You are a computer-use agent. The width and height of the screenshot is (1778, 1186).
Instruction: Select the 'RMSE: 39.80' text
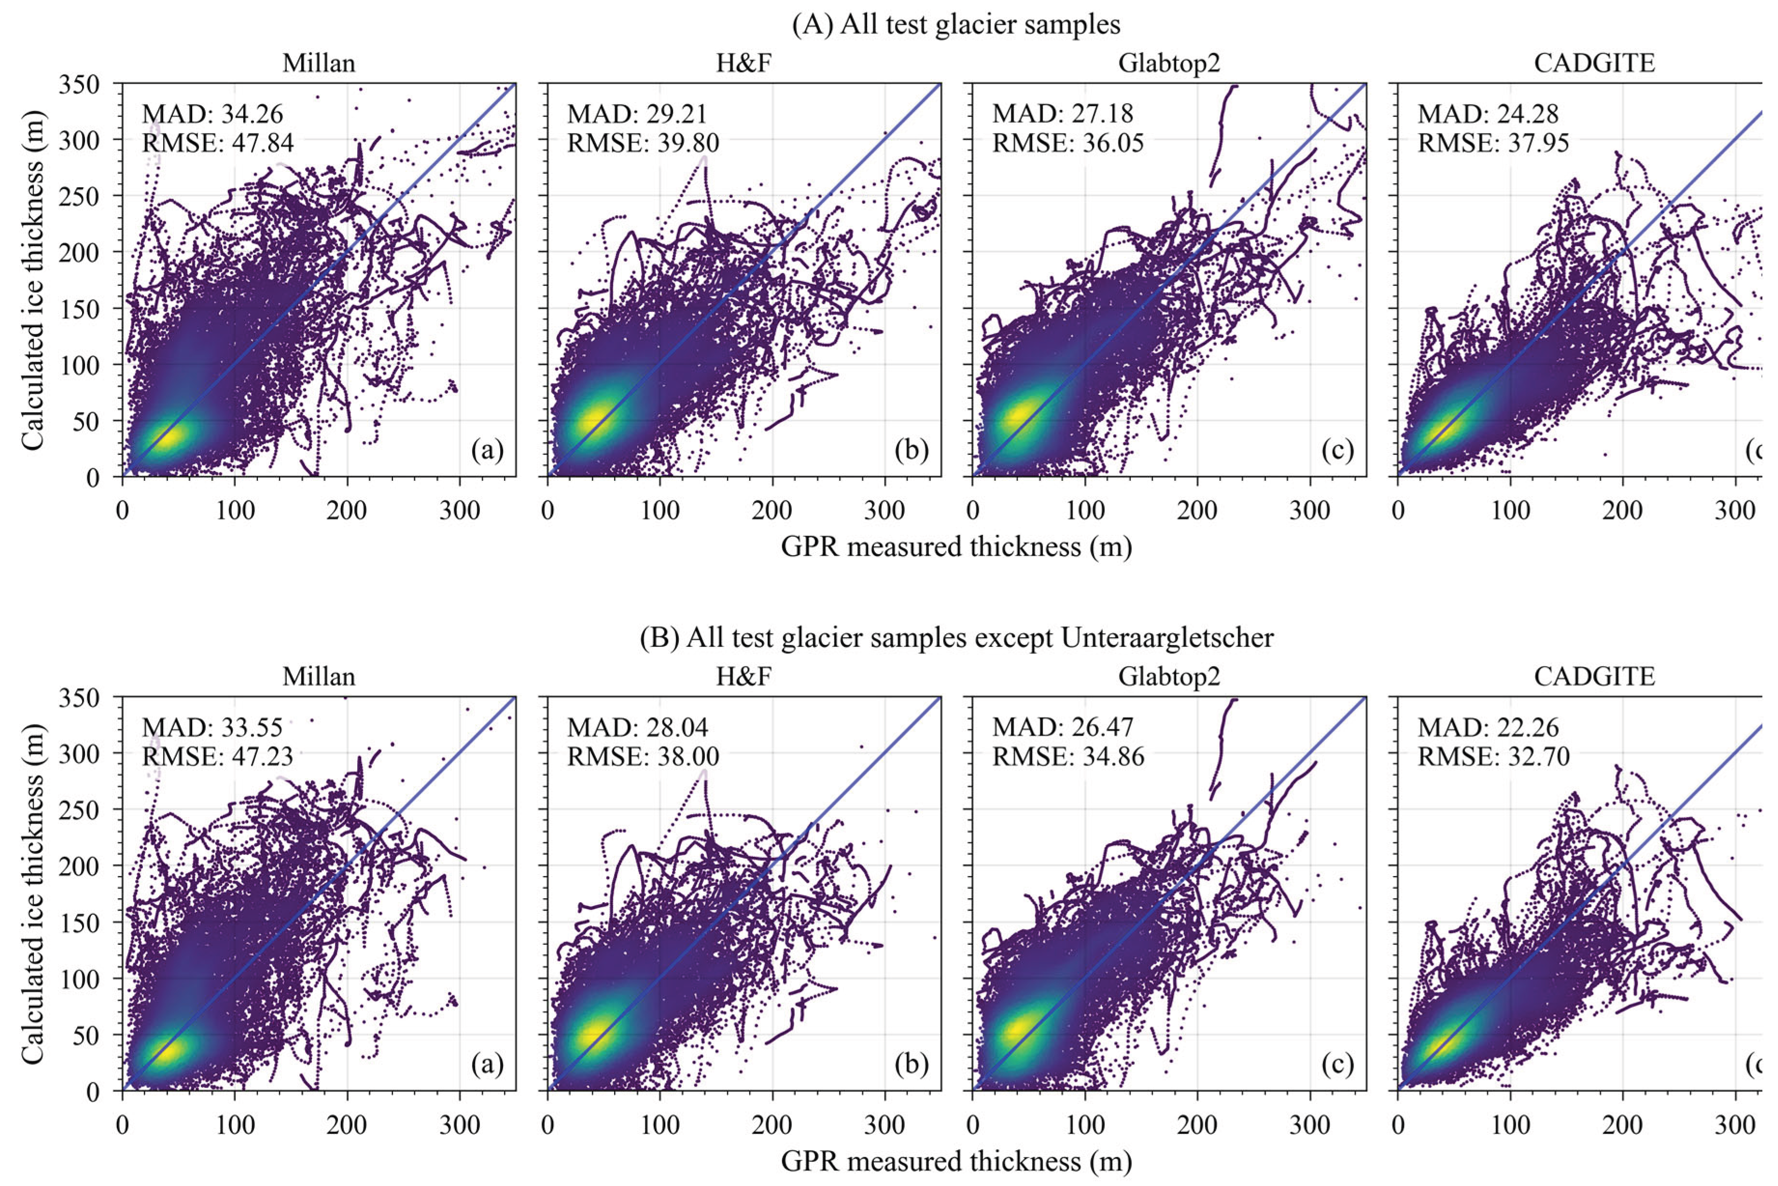[643, 142]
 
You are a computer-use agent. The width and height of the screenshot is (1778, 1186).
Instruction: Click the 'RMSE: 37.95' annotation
[1493, 142]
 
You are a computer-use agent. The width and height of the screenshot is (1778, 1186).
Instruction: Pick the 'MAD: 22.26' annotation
[1487, 727]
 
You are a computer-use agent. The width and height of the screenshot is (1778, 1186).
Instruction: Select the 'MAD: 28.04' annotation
[638, 727]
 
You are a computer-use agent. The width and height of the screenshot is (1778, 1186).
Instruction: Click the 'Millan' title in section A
[319, 63]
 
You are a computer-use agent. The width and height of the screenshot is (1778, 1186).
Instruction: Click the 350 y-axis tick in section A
[79, 85]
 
